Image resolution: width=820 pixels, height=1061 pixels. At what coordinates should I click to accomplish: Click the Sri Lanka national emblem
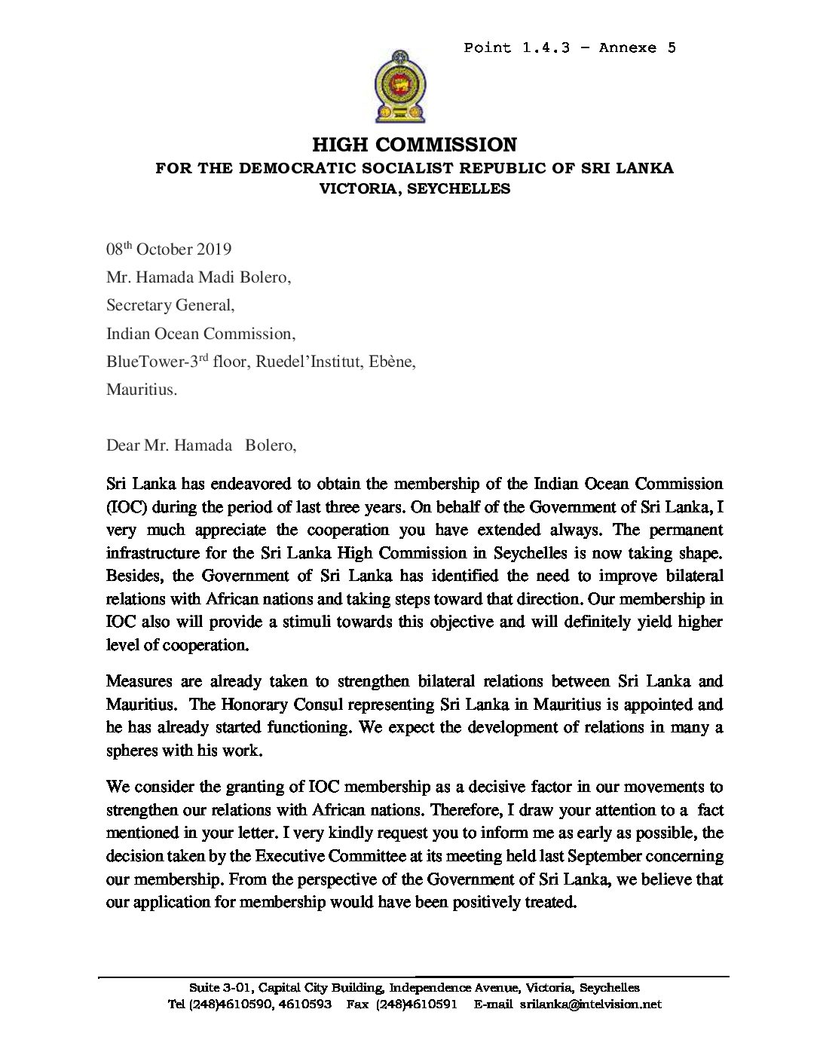(x=399, y=87)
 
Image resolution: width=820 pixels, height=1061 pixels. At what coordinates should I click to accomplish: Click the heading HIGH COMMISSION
(x=415, y=145)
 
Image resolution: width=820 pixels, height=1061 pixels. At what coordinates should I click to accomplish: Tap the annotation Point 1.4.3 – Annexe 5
(x=570, y=48)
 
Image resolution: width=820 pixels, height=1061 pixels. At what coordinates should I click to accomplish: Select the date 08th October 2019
(x=169, y=249)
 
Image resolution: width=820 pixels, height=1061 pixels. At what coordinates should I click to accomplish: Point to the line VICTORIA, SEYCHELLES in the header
(x=415, y=188)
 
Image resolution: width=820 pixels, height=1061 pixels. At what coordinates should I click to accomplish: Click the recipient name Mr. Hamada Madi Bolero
(x=198, y=277)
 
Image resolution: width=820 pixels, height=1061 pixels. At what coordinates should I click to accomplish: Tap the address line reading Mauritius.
(x=142, y=390)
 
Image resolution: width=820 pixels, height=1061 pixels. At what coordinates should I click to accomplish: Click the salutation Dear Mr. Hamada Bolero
(x=201, y=445)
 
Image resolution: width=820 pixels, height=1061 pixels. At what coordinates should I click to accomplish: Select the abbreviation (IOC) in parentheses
(x=123, y=507)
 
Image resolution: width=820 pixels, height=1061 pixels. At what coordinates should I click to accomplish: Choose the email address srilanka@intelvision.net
(x=590, y=1004)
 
